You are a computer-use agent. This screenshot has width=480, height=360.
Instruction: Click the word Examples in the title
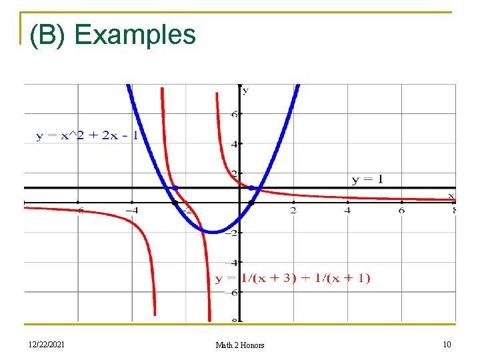(x=135, y=35)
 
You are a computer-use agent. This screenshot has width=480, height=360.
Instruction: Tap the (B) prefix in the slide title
(x=47, y=35)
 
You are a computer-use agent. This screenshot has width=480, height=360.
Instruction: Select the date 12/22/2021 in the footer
(x=47, y=344)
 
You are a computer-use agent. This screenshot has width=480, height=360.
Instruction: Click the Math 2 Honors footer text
(x=240, y=345)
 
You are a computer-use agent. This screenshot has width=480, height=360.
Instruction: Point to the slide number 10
(x=447, y=344)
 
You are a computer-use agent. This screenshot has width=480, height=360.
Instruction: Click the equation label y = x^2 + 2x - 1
(x=87, y=136)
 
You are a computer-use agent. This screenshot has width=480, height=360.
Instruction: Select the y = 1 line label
(x=367, y=179)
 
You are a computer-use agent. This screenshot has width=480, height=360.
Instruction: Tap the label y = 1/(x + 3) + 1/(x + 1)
(x=292, y=278)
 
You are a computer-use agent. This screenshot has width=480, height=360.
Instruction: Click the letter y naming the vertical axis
(x=245, y=90)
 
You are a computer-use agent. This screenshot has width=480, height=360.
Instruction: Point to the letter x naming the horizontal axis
(x=451, y=195)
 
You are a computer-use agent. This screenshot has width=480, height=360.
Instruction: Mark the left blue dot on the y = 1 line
(x=175, y=187)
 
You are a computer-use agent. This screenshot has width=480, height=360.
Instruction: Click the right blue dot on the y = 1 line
(x=251, y=188)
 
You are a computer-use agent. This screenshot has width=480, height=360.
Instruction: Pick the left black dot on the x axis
(x=175, y=202)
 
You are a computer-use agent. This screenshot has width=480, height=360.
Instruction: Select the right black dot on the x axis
(x=251, y=202)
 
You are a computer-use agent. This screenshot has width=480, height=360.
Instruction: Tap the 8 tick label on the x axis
(x=453, y=211)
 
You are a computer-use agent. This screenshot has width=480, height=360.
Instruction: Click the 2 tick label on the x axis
(x=293, y=211)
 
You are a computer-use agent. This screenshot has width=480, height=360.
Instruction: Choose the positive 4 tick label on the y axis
(x=235, y=144)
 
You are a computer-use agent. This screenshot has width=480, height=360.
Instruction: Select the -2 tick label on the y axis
(x=233, y=233)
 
